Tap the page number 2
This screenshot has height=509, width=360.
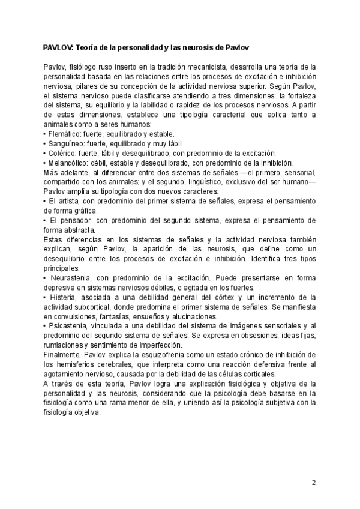(x=314, y=483)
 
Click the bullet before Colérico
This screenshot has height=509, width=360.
(x=45, y=153)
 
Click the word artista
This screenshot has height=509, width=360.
(x=67, y=201)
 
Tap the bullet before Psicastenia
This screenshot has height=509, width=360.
(x=45, y=326)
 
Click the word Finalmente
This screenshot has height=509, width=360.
(x=63, y=355)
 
